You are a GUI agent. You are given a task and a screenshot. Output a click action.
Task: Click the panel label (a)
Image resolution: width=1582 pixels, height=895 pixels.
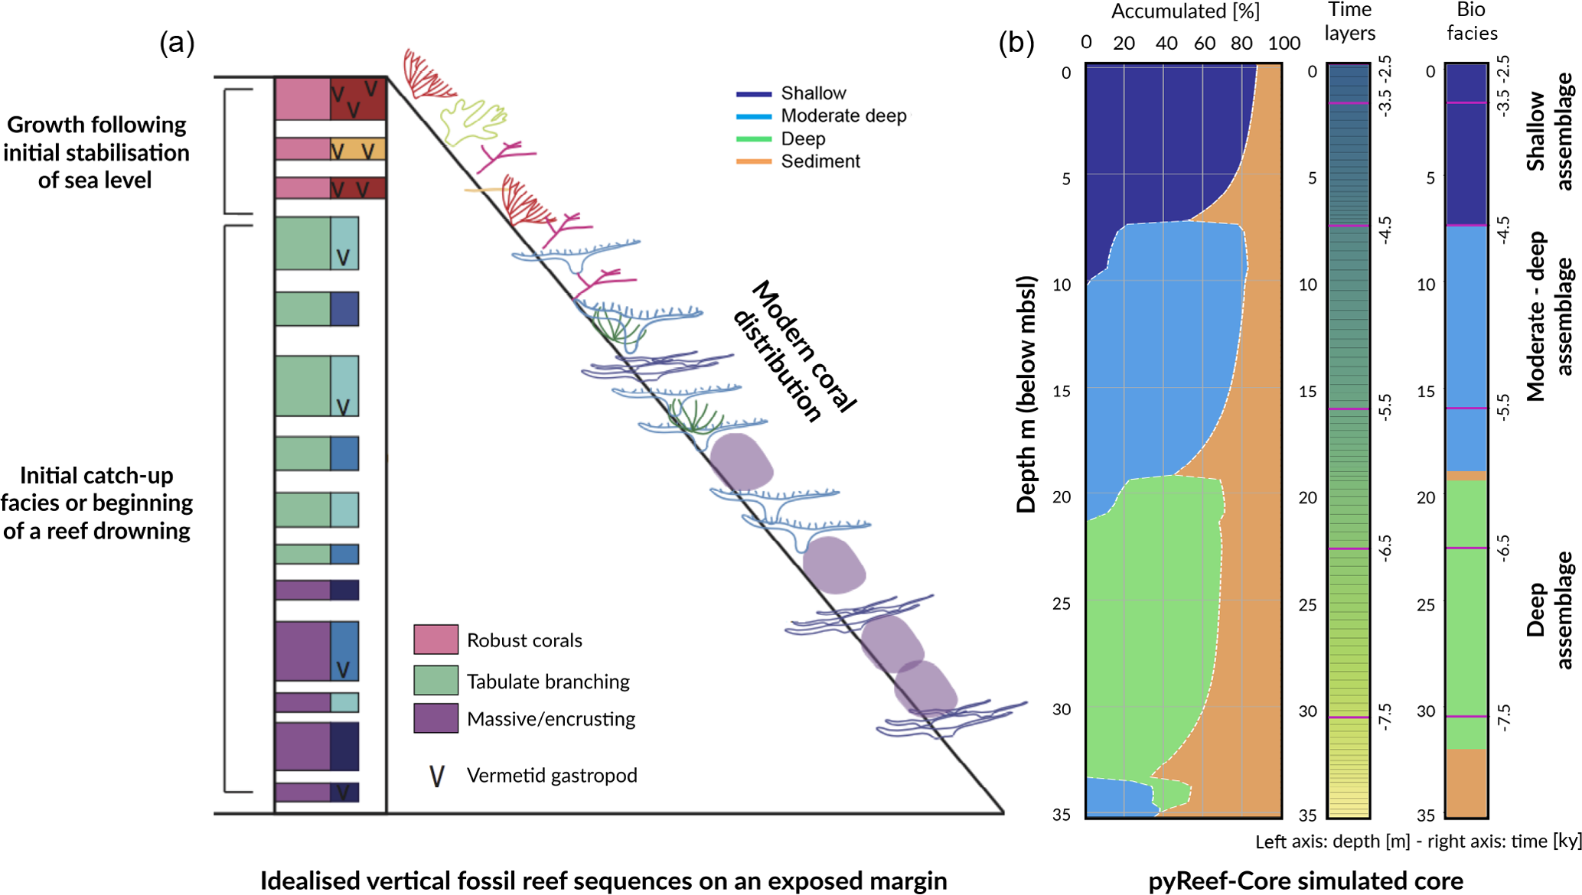coord(177,43)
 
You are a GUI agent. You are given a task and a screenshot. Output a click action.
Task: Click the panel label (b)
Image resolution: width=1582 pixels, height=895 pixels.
coord(1016,43)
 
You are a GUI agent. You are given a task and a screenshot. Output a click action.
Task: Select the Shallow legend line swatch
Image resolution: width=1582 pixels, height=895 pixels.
coord(754,94)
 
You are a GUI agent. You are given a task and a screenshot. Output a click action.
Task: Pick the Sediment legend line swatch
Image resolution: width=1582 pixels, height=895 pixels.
coord(754,161)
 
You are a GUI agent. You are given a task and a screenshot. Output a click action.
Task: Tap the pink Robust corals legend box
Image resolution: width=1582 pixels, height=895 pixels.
coord(435,640)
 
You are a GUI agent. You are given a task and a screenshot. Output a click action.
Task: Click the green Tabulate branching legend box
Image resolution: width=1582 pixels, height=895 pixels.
coord(435,680)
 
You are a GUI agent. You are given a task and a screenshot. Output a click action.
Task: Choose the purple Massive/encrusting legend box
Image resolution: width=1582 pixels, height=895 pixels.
coord(435,718)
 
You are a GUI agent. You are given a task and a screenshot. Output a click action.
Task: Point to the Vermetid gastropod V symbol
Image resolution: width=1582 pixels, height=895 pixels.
coord(436,776)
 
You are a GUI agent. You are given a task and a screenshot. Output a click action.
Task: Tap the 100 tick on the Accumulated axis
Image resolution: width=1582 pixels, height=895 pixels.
coord(1284,44)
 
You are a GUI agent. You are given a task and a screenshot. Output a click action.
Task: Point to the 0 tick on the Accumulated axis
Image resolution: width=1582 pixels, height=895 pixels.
coord(1086,43)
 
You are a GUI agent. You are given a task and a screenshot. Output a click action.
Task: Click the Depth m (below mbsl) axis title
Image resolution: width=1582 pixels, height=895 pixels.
coord(1026,394)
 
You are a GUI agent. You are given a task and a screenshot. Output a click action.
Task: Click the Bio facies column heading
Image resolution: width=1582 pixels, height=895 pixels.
coord(1471,21)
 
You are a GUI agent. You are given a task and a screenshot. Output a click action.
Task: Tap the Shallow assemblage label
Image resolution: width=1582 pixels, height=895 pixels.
coord(1549,132)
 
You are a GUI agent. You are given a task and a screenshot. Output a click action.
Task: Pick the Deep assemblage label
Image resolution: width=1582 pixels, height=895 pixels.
coord(1549,610)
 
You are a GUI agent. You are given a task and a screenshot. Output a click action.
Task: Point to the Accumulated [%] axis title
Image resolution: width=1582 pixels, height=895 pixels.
coord(1185,11)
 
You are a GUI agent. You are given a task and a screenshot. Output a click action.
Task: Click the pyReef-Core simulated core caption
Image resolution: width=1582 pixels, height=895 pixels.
coord(1305,881)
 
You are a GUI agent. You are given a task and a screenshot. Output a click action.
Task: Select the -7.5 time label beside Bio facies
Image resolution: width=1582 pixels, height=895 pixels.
coord(1503,718)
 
